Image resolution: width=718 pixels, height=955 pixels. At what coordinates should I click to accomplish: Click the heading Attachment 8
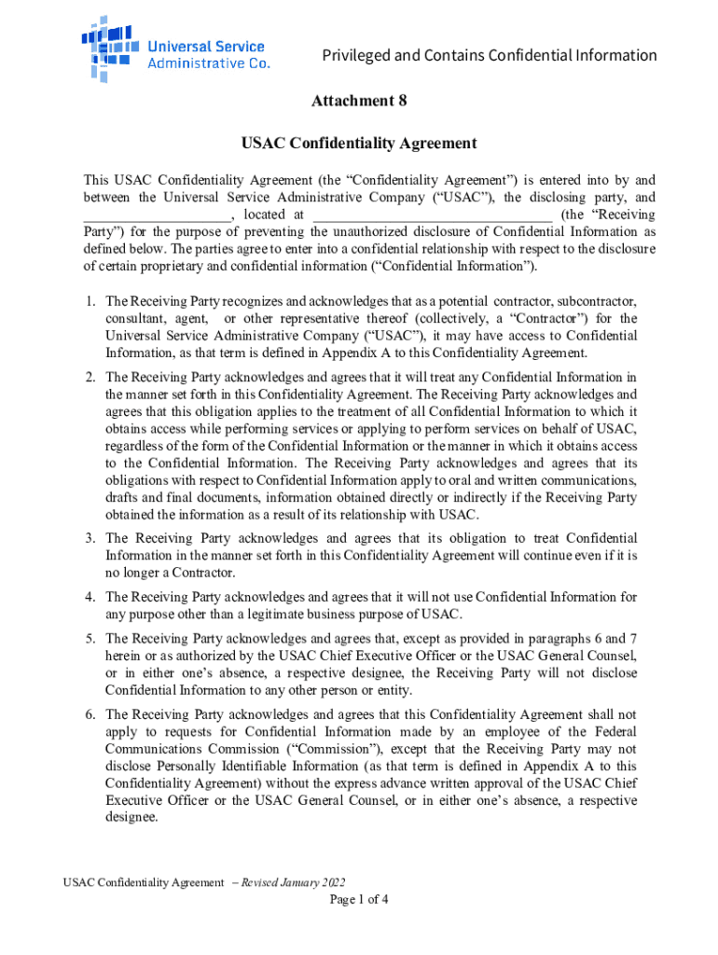(359, 101)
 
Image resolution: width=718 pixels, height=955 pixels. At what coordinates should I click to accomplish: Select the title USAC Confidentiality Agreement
(359, 144)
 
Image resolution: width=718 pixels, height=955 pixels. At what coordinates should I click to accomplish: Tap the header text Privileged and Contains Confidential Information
(490, 55)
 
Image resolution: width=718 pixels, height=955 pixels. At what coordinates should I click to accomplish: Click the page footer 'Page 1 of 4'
(359, 900)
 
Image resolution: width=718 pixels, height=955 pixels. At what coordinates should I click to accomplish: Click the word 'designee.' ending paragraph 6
(132, 816)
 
